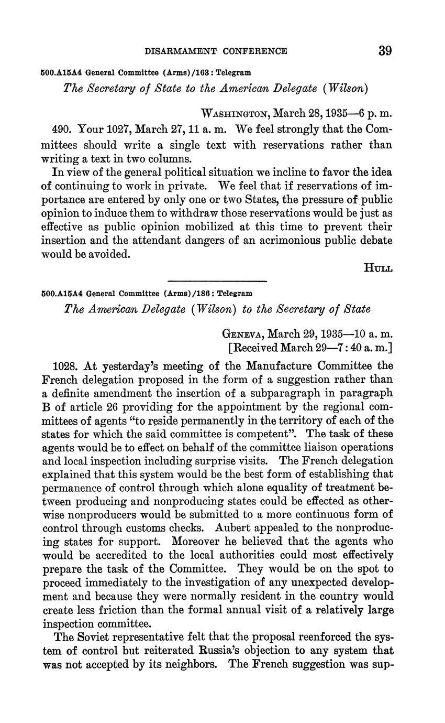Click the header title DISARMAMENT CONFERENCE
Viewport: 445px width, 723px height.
[x=216, y=51]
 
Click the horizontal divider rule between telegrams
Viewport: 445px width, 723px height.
[x=217, y=282]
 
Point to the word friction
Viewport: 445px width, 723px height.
[x=109, y=610]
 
